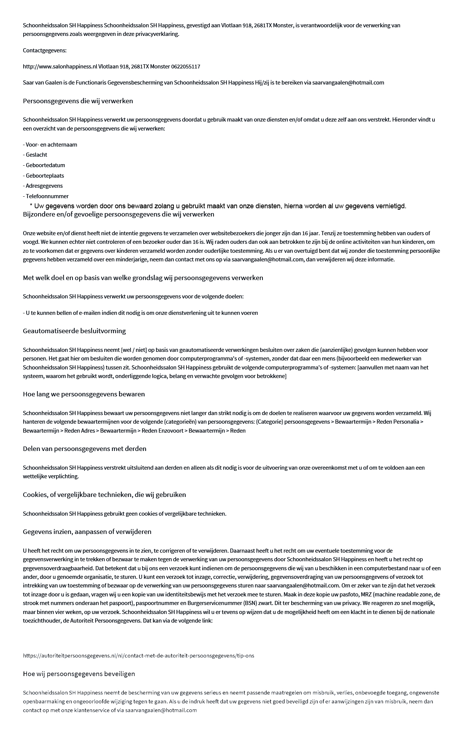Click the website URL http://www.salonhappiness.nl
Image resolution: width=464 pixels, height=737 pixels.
coord(60,67)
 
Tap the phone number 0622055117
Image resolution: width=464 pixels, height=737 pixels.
coord(185,67)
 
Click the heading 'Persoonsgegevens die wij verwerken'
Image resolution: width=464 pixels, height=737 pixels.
coord(78,101)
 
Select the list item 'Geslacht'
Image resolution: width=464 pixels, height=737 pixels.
coord(36,155)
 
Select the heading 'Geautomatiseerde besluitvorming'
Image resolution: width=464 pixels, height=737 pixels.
coord(74,331)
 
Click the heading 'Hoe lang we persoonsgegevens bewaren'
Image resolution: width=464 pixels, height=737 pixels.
coord(84,394)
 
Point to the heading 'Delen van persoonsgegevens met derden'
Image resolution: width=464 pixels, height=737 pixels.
coord(84,449)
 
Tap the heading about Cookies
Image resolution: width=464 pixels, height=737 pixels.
coord(104,495)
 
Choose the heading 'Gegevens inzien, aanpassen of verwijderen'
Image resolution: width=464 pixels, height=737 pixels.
coord(87,532)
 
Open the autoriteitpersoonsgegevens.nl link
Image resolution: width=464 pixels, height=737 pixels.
coord(138,655)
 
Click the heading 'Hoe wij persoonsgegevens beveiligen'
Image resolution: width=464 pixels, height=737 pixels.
coord(79,674)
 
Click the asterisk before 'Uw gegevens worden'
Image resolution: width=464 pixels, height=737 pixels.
coord(31,206)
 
